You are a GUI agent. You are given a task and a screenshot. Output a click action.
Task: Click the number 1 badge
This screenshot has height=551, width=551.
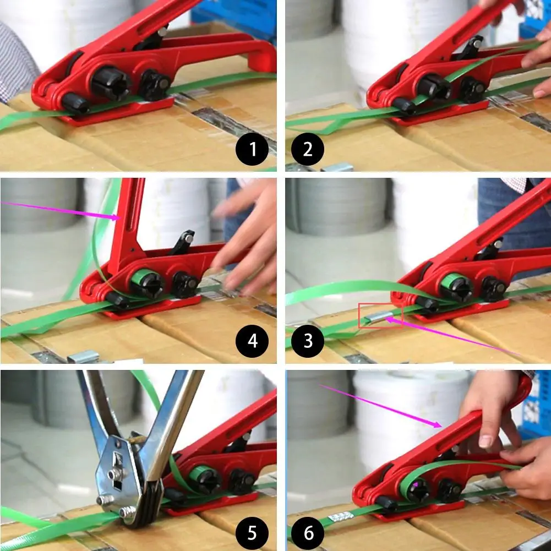(253, 149)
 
